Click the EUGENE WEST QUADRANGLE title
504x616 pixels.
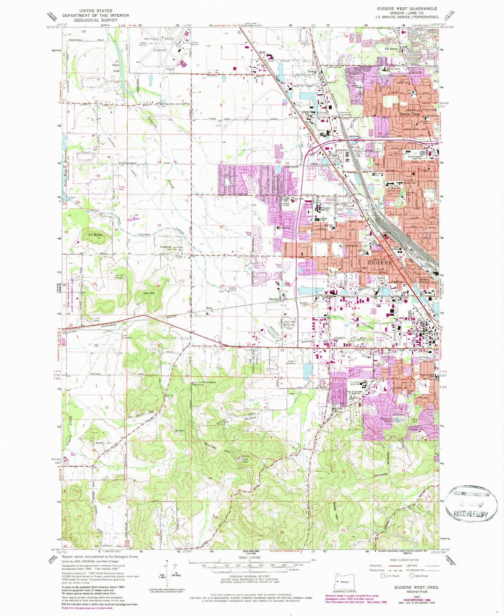[x=407, y=8]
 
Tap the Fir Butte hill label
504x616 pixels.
[x=95, y=235]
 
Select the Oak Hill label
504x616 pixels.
[x=149, y=293]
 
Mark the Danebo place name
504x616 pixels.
[x=273, y=299]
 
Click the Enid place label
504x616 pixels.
[x=262, y=53]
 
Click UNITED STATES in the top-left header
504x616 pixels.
[x=95, y=11]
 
